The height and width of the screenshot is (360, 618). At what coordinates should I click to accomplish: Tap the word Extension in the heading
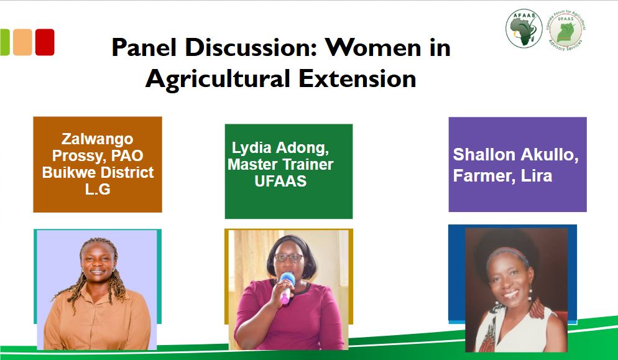click(x=357, y=78)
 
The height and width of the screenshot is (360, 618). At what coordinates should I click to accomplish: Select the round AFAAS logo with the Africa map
click(x=523, y=29)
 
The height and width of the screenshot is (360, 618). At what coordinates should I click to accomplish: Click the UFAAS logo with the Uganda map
click(x=566, y=30)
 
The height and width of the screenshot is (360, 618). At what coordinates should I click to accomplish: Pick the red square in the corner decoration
click(x=45, y=42)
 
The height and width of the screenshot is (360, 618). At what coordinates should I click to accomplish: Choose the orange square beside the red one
click(x=22, y=42)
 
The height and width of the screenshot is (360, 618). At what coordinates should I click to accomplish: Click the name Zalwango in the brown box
click(x=98, y=139)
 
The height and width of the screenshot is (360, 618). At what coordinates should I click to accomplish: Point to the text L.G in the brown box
click(x=98, y=189)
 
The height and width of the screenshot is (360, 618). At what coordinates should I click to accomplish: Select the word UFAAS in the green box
click(x=280, y=181)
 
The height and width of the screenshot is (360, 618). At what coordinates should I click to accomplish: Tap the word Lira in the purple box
click(x=537, y=176)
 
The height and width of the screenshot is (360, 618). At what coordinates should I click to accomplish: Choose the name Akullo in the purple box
click(x=550, y=155)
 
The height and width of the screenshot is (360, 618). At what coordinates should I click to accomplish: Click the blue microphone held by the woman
click(x=287, y=287)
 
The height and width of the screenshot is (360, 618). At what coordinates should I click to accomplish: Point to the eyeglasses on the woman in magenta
click(x=288, y=258)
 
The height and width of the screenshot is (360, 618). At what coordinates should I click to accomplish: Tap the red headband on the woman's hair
click(x=507, y=254)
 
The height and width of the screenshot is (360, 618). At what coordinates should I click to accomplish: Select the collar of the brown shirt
click(x=96, y=290)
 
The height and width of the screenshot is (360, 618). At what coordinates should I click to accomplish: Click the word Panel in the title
click(x=144, y=47)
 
